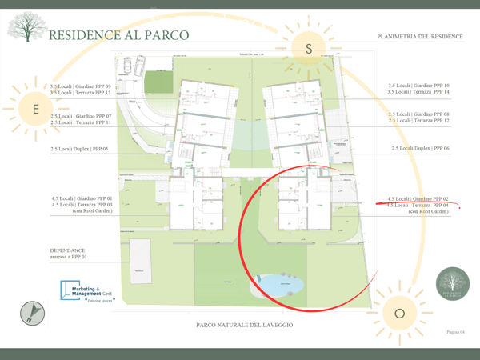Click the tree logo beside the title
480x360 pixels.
pos(25,28)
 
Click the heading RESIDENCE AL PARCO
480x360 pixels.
pos(119,35)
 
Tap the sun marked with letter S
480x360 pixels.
pos(309,50)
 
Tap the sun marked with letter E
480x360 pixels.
pos(34,109)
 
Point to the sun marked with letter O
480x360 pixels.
pos(400,313)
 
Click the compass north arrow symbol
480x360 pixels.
pos(32,313)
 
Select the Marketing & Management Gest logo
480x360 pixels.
pos(89,293)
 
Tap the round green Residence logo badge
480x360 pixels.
pos(453,285)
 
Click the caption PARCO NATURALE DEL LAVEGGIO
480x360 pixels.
pos(244,326)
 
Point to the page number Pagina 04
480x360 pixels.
pos(454,331)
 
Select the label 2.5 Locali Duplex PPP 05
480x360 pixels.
pos(78,149)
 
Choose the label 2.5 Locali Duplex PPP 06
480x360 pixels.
pos(420,149)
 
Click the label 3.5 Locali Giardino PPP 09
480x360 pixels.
pos(80,86)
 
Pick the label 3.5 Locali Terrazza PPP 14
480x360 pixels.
pos(418,92)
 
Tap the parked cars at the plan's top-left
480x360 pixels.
pos(138,65)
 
